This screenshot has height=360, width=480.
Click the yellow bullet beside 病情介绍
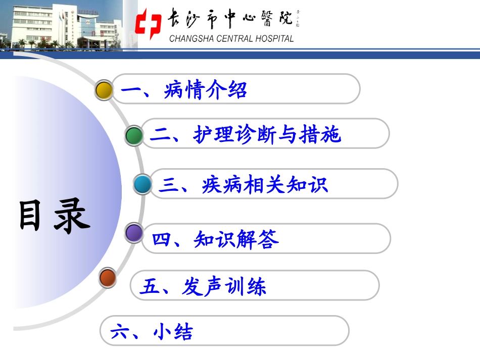tap(104, 90)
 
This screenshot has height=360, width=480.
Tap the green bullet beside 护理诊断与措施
tap(134, 135)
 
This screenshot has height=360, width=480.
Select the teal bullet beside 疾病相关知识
tap(143, 185)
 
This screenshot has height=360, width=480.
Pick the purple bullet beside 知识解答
tap(134, 233)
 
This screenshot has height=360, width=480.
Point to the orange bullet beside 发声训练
tap(108, 278)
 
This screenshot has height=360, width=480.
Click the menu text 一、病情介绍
tap(184, 90)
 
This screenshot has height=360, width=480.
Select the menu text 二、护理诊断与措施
tap(246, 135)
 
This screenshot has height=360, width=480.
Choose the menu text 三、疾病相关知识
tap(243, 185)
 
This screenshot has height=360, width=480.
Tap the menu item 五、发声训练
tap(203, 287)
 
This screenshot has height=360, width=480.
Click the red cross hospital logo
tap(149, 24)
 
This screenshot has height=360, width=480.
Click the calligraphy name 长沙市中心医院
tap(230, 19)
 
